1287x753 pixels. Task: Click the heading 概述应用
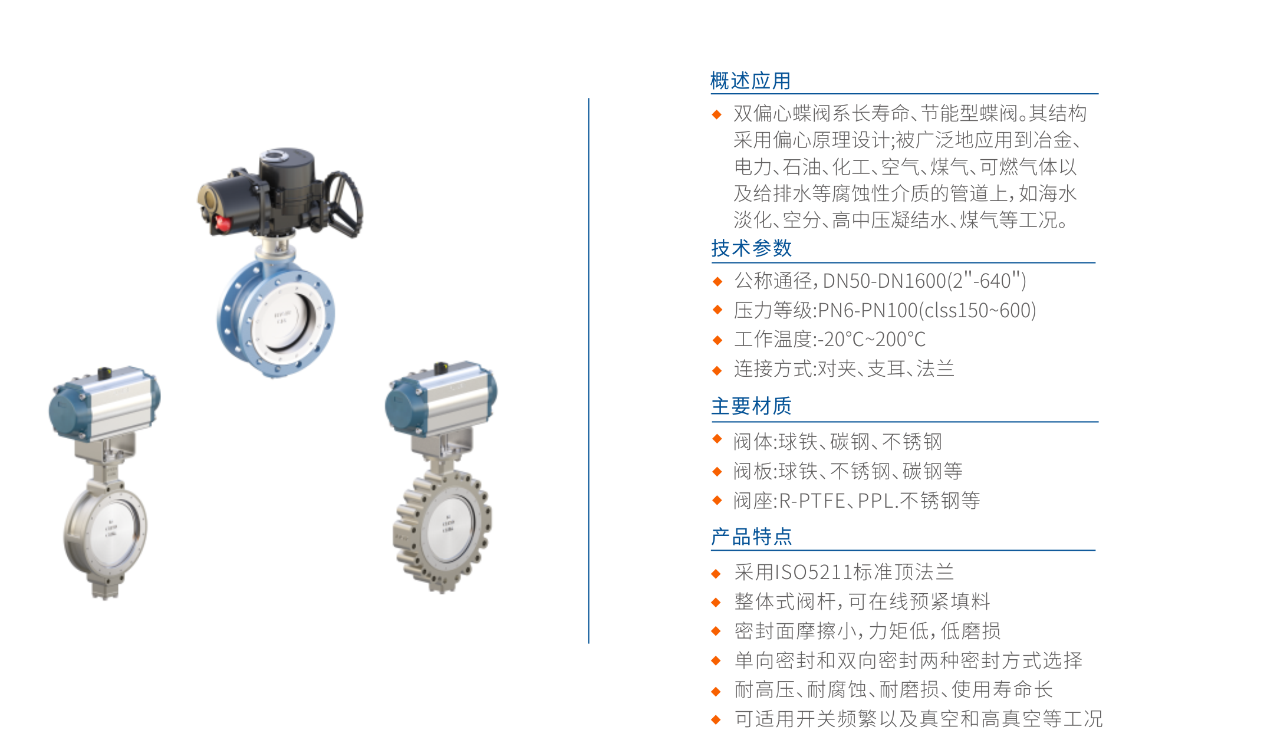tap(750, 81)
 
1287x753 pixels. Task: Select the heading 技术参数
tap(751, 248)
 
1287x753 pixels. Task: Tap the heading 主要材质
tap(751, 406)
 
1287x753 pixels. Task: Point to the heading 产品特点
tap(751, 537)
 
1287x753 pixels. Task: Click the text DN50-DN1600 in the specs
tap(884, 281)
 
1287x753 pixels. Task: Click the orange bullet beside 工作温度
tap(717, 340)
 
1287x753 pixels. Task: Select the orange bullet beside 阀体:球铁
tap(717, 439)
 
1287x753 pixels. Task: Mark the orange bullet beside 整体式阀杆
tap(717, 602)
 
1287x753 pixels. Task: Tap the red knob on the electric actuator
tap(223, 223)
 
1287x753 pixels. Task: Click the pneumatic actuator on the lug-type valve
tap(441, 399)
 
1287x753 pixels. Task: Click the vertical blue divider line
tap(588, 370)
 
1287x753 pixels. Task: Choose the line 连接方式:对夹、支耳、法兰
tap(844, 369)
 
